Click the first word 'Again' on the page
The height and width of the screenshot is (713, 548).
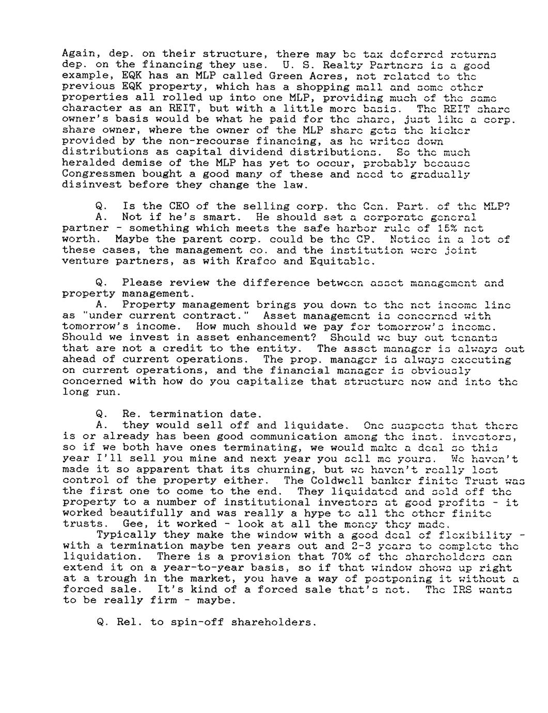coord(75,54)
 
